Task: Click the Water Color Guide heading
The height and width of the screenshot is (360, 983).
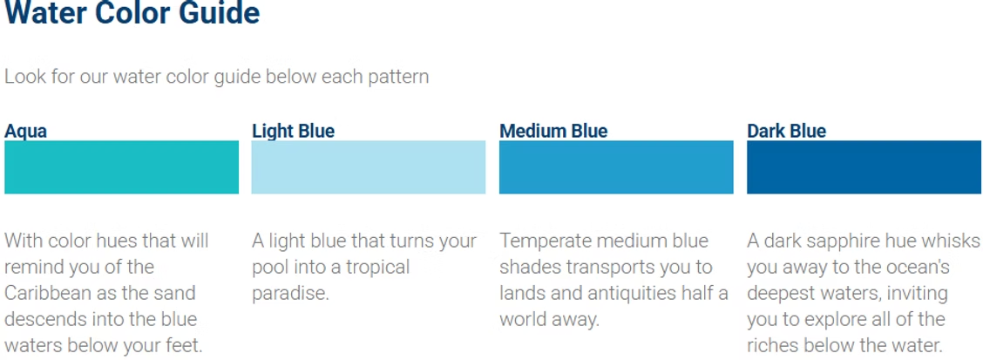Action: pyautogui.click(x=132, y=14)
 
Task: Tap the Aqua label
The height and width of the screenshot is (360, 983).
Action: pyautogui.click(x=26, y=132)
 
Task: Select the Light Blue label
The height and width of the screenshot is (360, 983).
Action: pyautogui.click(x=293, y=132)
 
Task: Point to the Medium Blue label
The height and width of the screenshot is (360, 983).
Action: pyautogui.click(x=553, y=132)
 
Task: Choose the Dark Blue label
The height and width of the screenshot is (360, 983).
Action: pyautogui.click(x=786, y=132)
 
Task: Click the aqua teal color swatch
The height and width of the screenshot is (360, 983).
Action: pyautogui.click(x=121, y=167)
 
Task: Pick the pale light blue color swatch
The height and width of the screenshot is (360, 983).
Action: pyautogui.click(x=369, y=167)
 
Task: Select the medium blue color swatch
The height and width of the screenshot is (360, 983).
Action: pyautogui.click(x=616, y=167)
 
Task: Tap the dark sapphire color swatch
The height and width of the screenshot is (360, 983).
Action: pyautogui.click(x=864, y=167)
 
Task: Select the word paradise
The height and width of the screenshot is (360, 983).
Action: pyautogui.click(x=289, y=293)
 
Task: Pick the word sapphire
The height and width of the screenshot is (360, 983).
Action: pyautogui.click(x=837, y=241)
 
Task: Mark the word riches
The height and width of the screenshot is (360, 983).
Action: pyautogui.click(x=776, y=345)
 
